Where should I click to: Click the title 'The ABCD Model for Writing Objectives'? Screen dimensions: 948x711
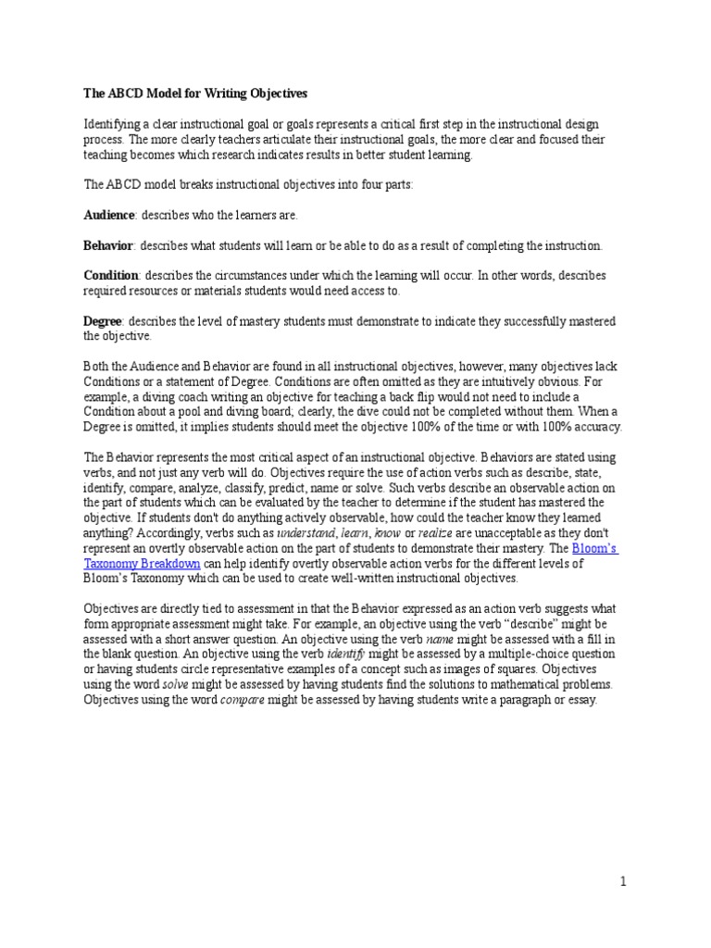[195, 94]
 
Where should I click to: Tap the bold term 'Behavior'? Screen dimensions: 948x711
[109, 245]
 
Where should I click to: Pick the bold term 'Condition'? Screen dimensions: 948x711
[112, 276]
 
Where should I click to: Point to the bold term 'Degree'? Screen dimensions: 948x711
[105, 320]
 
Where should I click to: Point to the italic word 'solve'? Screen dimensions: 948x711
[177, 684]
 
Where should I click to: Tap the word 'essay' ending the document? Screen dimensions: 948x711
[580, 699]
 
